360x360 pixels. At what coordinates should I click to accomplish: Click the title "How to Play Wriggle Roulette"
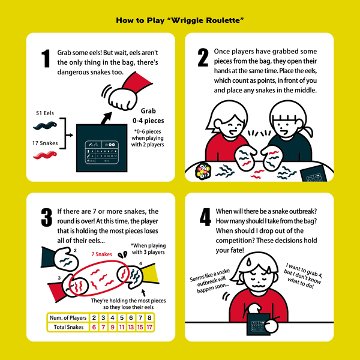(180, 21)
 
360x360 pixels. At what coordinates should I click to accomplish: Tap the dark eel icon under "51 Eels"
(46, 125)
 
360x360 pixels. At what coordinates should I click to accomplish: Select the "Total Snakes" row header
(67, 327)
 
